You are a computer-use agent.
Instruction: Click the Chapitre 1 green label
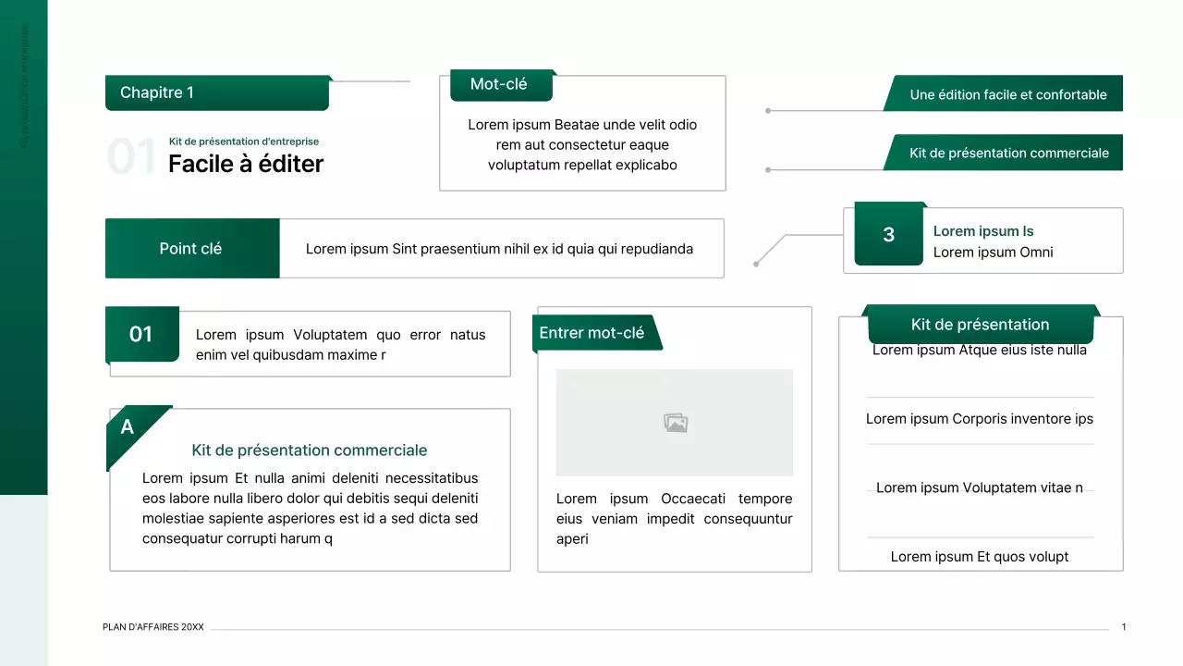point(217,92)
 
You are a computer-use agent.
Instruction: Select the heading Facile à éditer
point(246,164)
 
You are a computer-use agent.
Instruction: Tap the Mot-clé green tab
point(500,84)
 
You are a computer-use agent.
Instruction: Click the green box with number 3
point(888,235)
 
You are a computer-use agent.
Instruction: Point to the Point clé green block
point(191,249)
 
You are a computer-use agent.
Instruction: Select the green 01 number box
point(141,334)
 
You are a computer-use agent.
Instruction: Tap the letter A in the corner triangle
point(128,426)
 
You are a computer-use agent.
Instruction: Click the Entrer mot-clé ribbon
point(592,333)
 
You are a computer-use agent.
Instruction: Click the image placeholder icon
point(676,423)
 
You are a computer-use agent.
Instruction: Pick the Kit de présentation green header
point(980,325)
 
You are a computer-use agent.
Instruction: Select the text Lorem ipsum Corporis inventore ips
point(980,419)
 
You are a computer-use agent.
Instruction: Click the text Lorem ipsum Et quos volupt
point(980,557)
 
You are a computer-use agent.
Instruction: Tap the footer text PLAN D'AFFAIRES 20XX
point(153,627)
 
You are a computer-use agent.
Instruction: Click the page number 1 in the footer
point(1124,627)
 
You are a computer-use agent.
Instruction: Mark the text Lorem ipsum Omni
point(993,253)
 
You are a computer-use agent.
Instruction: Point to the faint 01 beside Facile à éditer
point(131,157)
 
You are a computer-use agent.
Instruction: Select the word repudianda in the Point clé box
point(656,249)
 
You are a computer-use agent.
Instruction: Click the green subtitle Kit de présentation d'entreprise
point(244,142)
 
